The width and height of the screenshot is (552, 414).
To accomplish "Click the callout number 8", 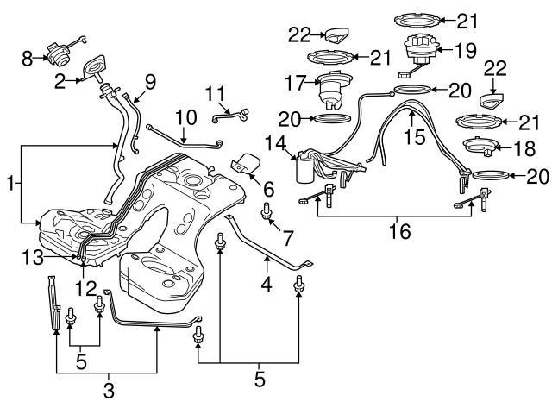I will [26, 59].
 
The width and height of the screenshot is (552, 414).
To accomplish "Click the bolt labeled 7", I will [267, 210].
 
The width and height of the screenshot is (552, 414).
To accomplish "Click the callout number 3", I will [108, 391].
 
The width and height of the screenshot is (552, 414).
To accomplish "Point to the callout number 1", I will [9, 183].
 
